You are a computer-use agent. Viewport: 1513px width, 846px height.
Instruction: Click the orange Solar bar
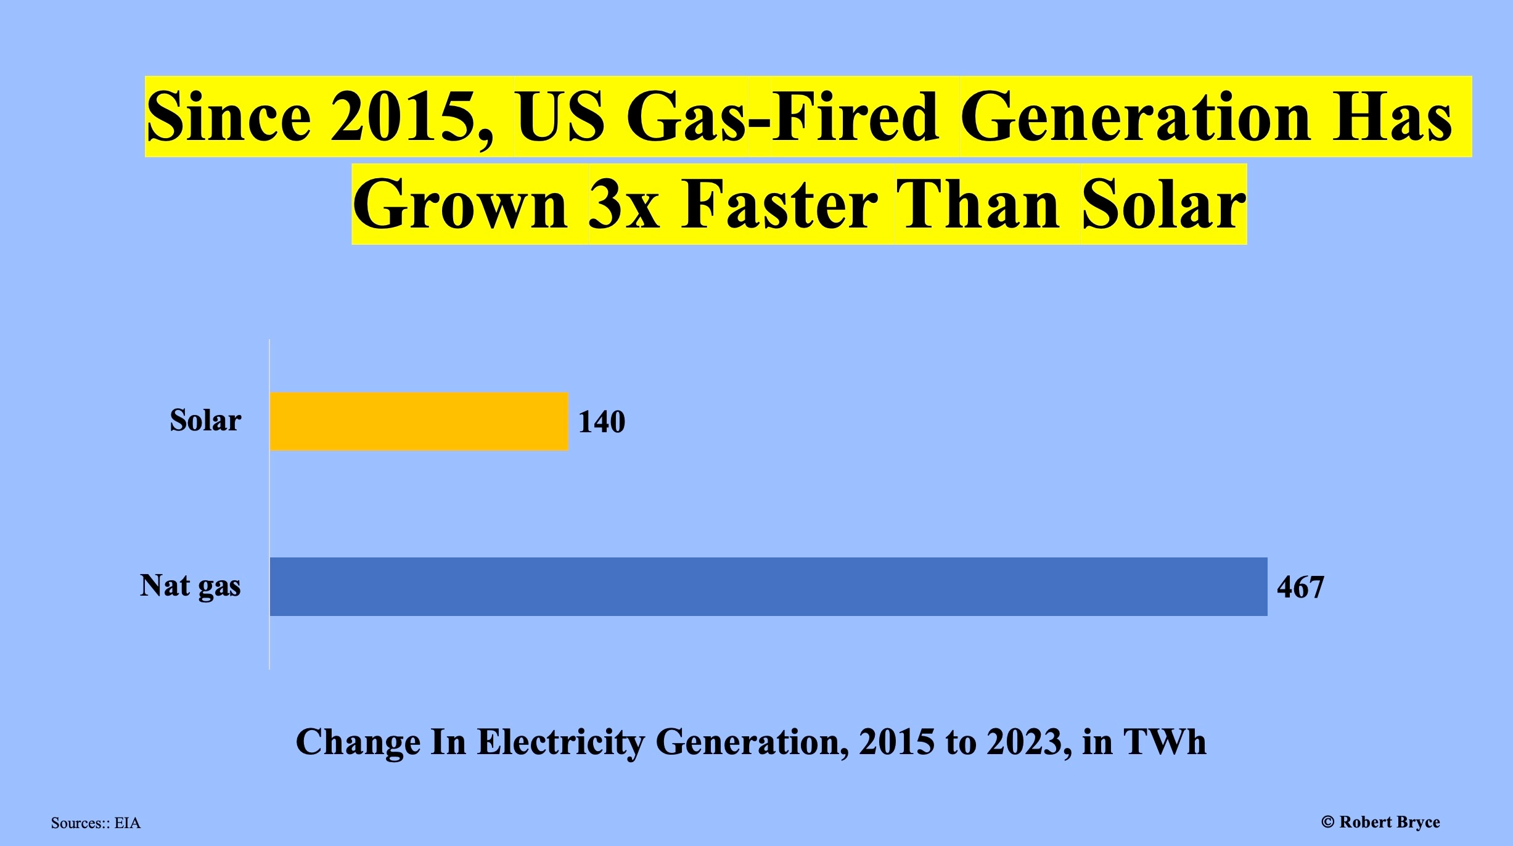[x=419, y=422]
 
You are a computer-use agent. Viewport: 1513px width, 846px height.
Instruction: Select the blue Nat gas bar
[x=768, y=586]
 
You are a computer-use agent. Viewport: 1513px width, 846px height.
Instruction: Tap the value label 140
[x=602, y=422]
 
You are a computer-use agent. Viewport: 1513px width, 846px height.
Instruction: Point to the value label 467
[x=1300, y=587]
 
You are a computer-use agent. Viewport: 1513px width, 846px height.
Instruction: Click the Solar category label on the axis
[x=205, y=421]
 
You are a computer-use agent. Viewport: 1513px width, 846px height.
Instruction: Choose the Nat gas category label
[x=190, y=586]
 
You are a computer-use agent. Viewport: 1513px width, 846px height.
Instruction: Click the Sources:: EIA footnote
[x=96, y=823]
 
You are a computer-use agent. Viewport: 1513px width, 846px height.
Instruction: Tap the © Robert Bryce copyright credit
[x=1380, y=822]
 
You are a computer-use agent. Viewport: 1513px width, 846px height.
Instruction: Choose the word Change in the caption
[x=358, y=742]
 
